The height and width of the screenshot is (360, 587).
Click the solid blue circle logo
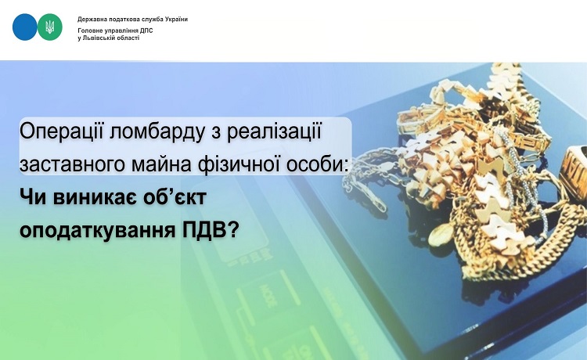coord(25,27)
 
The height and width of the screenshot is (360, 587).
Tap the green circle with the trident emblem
coord(50,27)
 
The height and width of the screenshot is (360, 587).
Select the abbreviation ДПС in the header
coord(146,31)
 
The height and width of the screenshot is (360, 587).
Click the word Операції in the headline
coord(61,132)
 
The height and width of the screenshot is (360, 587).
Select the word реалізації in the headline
coord(274,132)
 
